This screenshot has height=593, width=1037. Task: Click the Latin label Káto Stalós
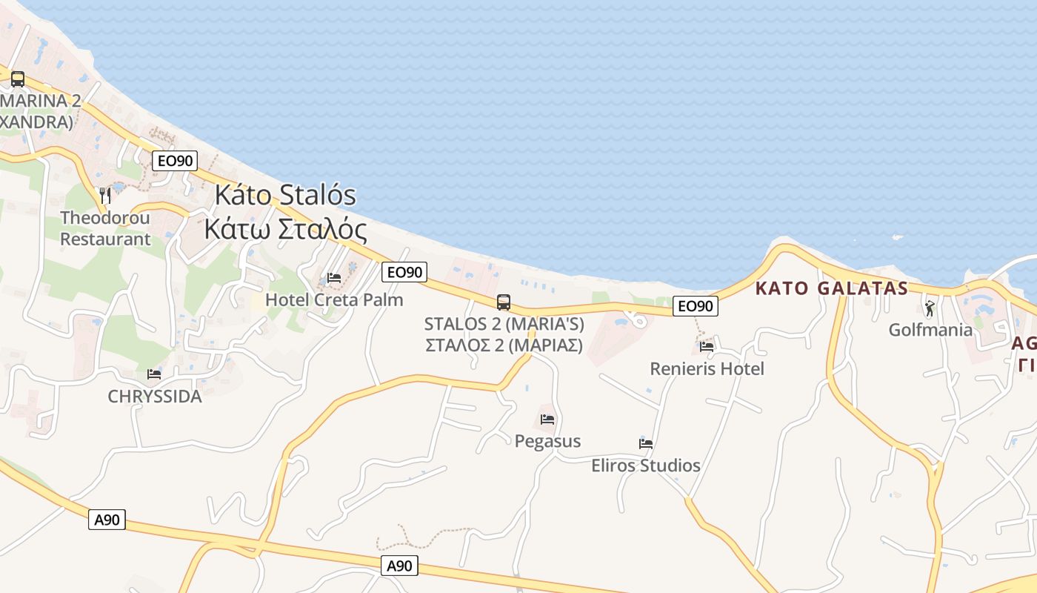[285, 196]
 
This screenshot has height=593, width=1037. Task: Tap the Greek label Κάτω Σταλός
[285, 229]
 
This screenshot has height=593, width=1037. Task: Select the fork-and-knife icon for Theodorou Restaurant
[105, 196]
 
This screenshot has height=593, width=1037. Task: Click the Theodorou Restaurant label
[105, 228]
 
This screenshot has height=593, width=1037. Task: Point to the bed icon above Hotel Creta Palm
[334, 279]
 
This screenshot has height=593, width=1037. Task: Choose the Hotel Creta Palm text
[334, 299]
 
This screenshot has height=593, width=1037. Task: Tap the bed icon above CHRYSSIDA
[154, 374]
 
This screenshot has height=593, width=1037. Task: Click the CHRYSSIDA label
[155, 397]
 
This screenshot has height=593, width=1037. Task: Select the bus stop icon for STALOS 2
[504, 302]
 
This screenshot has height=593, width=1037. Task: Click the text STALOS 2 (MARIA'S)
[504, 324]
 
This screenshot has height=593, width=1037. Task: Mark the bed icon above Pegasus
[547, 420]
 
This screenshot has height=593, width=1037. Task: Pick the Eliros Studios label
[646, 466]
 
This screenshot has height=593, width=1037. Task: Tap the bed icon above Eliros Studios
[646, 444]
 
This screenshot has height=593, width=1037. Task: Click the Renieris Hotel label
[707, 368]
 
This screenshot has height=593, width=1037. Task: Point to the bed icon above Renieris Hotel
[707, 346]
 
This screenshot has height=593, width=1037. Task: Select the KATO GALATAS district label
[832, 288]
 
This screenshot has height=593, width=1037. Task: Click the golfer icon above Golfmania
[930, 308]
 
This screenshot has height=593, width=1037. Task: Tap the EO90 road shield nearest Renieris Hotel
[695, 305]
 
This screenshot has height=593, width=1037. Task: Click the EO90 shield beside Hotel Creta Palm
[404, 272]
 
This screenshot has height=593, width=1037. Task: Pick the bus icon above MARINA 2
[18, 79]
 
